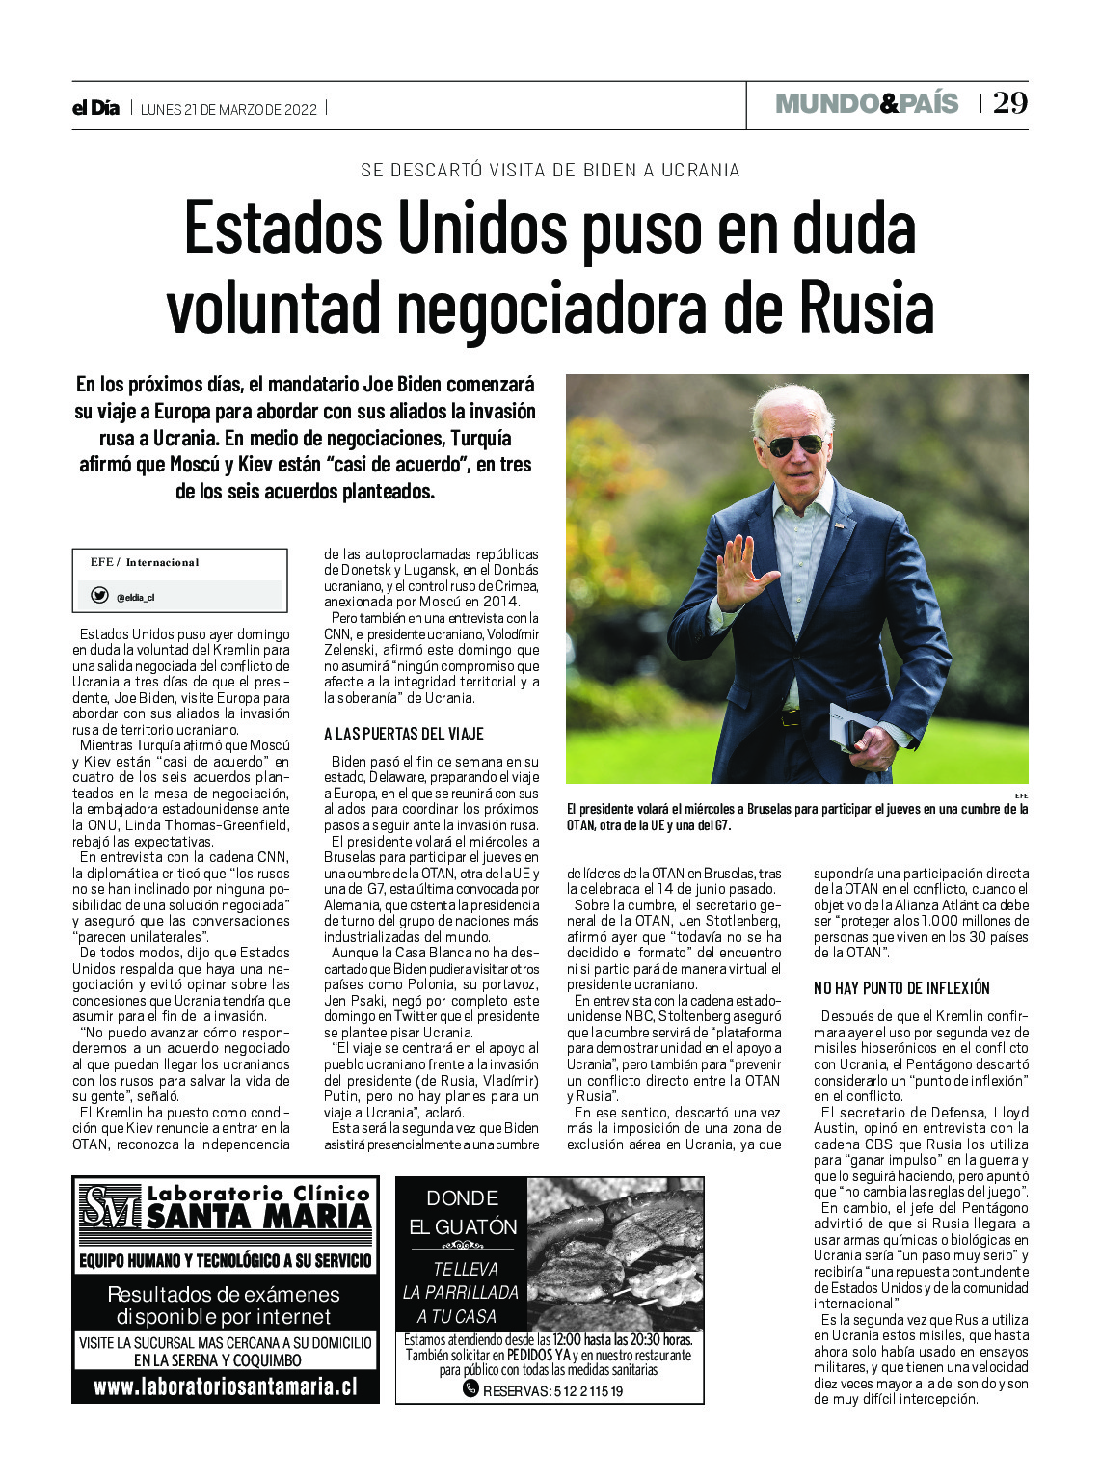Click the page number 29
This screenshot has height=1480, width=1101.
1009,103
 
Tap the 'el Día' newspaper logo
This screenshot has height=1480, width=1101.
96,108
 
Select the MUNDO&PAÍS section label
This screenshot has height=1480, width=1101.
867,103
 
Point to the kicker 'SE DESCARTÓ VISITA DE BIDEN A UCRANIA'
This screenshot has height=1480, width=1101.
550,170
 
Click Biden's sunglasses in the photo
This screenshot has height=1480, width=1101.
793,444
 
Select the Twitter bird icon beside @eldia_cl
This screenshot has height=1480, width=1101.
99,596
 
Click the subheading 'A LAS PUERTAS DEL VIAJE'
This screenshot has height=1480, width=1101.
403,734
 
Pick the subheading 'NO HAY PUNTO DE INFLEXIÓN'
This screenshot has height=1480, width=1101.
901,988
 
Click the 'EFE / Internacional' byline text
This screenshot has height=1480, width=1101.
145,562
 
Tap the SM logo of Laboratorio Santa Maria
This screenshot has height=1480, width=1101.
109,1208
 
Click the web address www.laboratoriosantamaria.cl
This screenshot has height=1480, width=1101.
225,1387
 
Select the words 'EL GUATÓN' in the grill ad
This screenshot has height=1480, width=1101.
463,1227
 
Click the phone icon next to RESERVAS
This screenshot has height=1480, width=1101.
470,1388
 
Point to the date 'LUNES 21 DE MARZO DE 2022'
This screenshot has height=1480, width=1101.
228,109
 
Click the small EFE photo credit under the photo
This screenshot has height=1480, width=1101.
1021,794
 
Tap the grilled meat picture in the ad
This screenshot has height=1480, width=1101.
615,1253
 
